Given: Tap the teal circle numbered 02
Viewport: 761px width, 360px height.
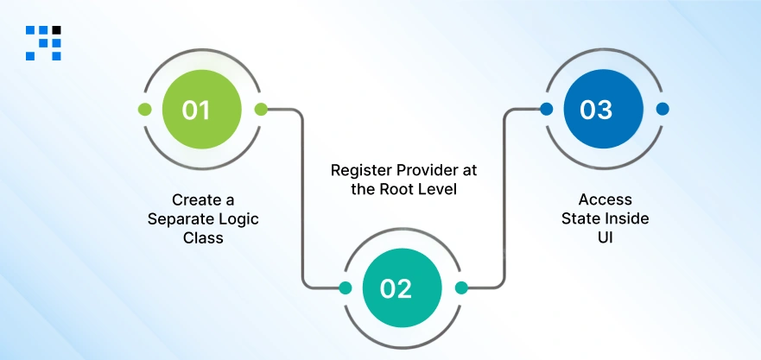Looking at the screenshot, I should tap(396, 288).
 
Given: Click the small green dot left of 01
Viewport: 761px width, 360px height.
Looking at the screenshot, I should tap(145, 110).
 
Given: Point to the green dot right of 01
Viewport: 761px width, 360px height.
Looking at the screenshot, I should tap(261, 110).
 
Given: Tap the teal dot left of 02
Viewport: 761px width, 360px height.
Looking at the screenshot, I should tap(346, 288).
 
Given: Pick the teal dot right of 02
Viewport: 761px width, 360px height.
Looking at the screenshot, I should tap(461, 288).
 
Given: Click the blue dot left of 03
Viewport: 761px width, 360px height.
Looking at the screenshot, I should tap(546, 110).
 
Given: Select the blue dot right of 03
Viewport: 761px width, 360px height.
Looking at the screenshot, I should tap(663, 110).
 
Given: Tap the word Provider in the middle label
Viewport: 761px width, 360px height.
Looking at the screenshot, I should tap(421, 169).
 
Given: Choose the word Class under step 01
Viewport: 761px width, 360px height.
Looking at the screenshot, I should tap(203, 237).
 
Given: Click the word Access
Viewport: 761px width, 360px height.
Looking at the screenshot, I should tap(605, 200).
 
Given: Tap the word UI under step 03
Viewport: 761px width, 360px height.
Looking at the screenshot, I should tap(605, 237).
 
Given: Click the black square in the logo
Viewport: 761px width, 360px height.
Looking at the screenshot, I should tap(56, 30).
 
